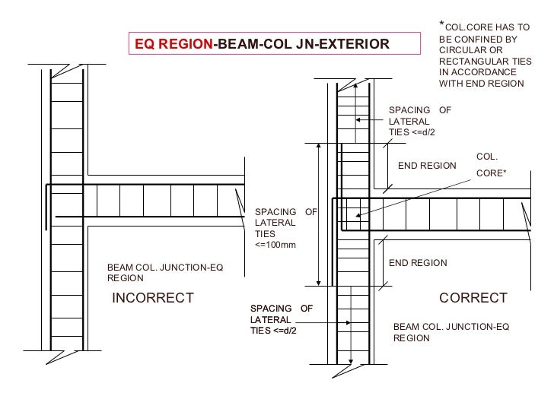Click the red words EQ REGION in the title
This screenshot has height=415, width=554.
(x=174, y=44)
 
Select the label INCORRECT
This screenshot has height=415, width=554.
(x=153, y=298)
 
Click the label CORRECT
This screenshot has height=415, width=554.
(x=473, y=298)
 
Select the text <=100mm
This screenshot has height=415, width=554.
(x=275, y=245)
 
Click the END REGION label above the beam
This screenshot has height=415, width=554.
(x=427, y=166)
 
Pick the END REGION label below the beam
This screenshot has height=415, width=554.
(x=418, y=263)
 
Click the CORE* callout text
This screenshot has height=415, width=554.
(x=492, y=173)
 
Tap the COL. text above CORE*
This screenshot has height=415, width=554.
(x=487, y=157)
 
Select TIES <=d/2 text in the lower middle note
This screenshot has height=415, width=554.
(x=272, y=331)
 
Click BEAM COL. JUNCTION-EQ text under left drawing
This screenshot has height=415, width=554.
(x=165, y=268)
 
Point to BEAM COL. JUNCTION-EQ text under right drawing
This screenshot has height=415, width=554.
(x=451, y=327)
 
